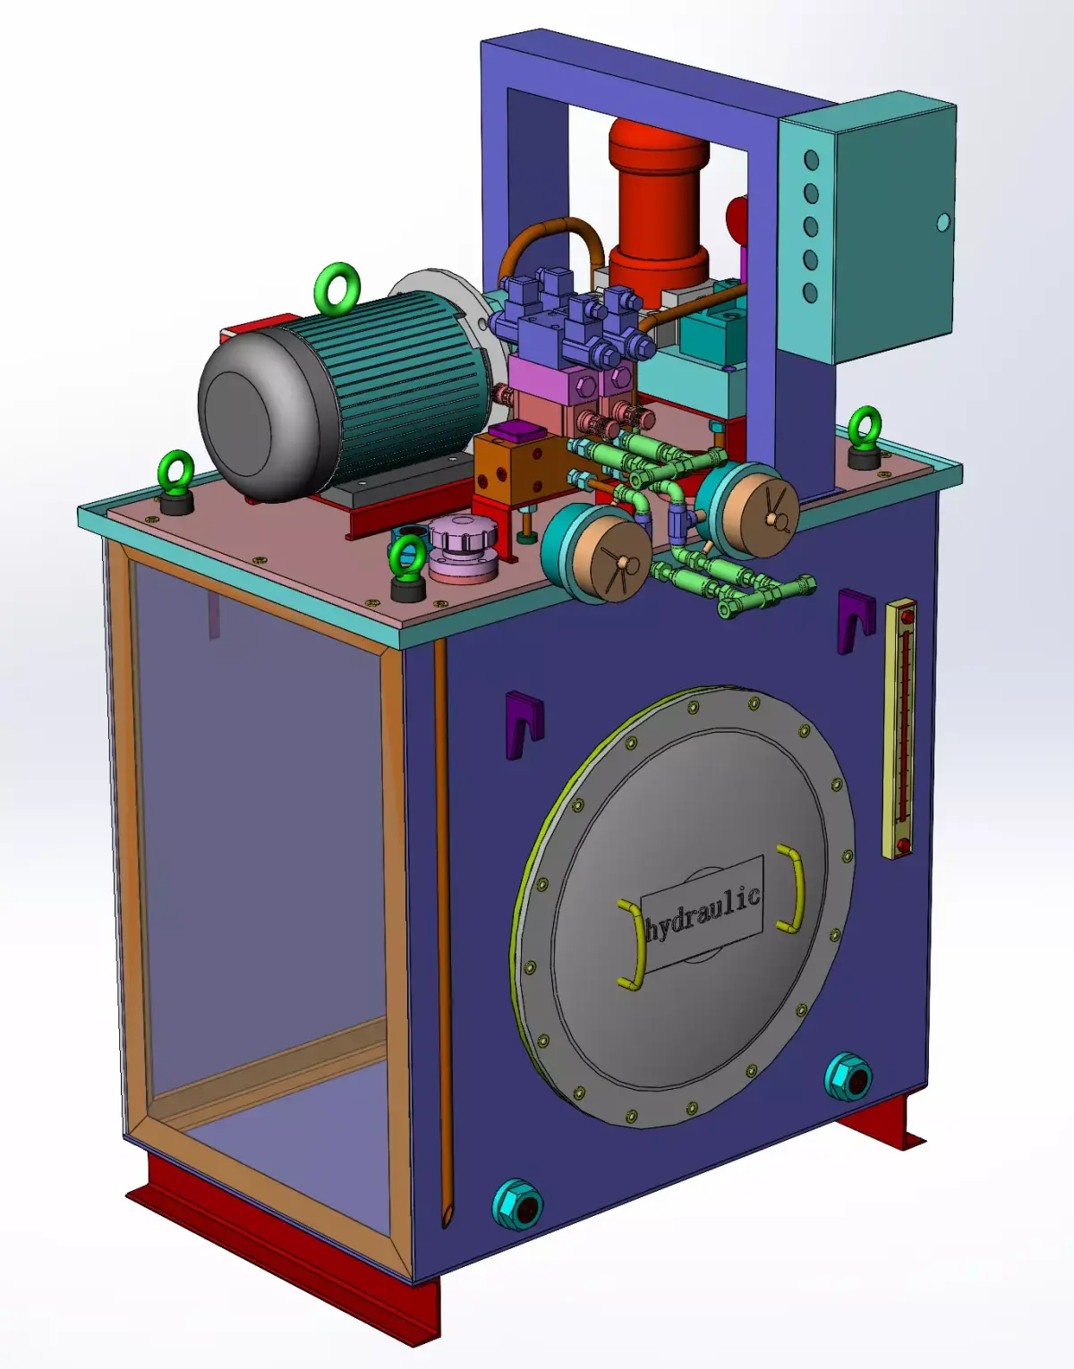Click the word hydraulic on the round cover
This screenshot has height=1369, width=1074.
pos(703,914)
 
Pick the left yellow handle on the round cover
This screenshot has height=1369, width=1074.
pos(632,944)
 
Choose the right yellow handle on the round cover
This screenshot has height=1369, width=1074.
pos(791,889)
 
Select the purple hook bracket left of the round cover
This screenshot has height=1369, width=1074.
pos(523,725)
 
